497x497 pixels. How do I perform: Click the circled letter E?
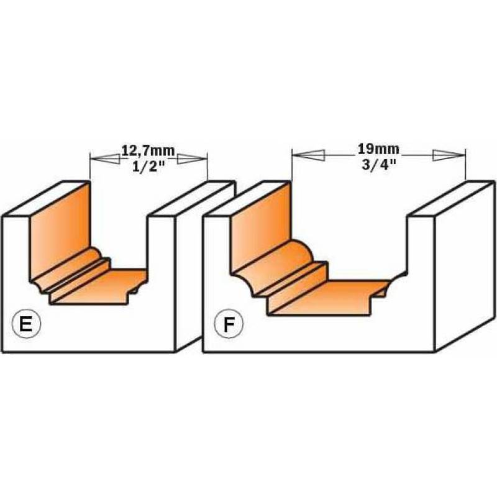click(x=26, y=324)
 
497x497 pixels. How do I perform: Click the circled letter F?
click(x=229, y=324)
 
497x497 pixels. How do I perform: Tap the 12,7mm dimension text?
click(x=148, y=150)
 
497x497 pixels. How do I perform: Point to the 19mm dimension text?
click(x=378, y=148)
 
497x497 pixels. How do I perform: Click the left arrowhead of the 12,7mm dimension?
click(x=105, y=159)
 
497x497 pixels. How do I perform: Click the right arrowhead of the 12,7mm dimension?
click(x=192, y=159)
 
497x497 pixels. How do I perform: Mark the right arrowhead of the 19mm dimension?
click(x=449, y=155)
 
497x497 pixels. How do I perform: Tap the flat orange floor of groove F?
click(x=330, y=298)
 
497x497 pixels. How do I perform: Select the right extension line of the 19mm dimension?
click(x=465, y=164)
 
